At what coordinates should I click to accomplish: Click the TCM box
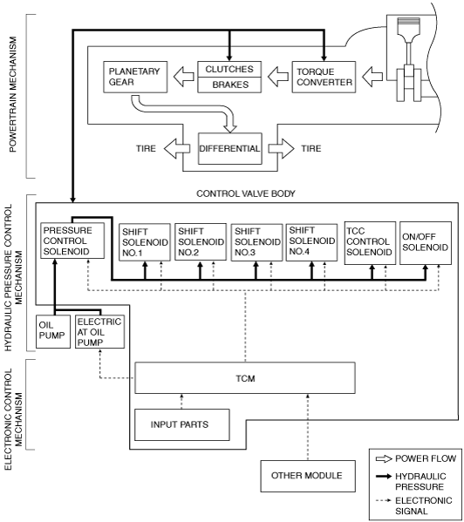coord(245,378)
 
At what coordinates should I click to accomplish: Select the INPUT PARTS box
coord(182,424)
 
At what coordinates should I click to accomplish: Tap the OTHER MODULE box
coord(308,476)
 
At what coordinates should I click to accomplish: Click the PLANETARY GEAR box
coord(135,77)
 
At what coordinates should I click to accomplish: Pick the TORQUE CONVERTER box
coord(324,77)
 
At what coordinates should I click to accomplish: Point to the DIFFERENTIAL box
coord(230,148)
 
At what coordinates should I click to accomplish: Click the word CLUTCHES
coord(229,69)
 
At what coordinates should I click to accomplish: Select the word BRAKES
coord(230,85)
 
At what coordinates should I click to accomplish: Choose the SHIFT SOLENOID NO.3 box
coord(256,242)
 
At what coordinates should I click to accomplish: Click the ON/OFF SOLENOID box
coord(426,242)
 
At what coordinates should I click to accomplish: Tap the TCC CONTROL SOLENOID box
coord(370,242)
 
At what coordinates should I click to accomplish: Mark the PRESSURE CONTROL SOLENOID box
coord(72,241)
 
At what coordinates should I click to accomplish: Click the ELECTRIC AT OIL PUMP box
coord(100,331)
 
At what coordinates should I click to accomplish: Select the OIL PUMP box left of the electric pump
coord(53,331)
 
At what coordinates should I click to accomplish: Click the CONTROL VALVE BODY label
coord(246,193)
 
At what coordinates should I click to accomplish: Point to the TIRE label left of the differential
coord(146,148)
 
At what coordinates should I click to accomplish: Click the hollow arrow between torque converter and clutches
coord(278,77)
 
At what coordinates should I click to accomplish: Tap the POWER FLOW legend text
coord(426,458)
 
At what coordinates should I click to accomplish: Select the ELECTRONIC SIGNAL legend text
coord(423,505)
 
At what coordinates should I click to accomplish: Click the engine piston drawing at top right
coord(409,60)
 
